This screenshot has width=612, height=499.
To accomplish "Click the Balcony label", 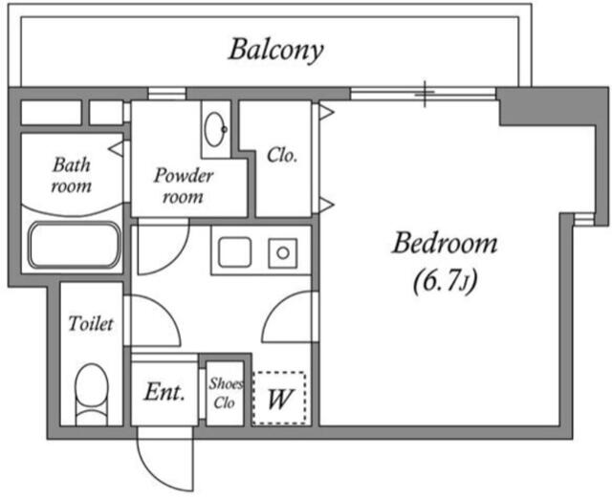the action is pos(276,51).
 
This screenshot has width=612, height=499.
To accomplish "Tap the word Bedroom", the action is pos(445,244).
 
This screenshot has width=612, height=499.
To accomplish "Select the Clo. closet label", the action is pos(282,155).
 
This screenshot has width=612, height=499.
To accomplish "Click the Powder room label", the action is pos(183,186).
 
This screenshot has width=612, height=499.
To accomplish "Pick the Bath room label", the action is pos(72,175).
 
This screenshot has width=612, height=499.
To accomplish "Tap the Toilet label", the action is pos(91,323).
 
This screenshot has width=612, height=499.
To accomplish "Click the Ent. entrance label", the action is pos(164,392).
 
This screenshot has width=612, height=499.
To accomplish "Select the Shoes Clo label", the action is pos(226,393).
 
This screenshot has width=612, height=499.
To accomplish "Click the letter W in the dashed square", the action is pos(279,399).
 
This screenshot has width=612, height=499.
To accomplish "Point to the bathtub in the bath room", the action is pos(74,245).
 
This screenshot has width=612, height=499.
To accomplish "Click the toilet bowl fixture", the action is pos(92,394).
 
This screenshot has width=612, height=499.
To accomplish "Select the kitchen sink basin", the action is pos(234,252).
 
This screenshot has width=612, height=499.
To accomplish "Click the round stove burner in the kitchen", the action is pos(283,253).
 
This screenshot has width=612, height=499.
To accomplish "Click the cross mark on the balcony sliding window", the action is pos(425,94).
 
